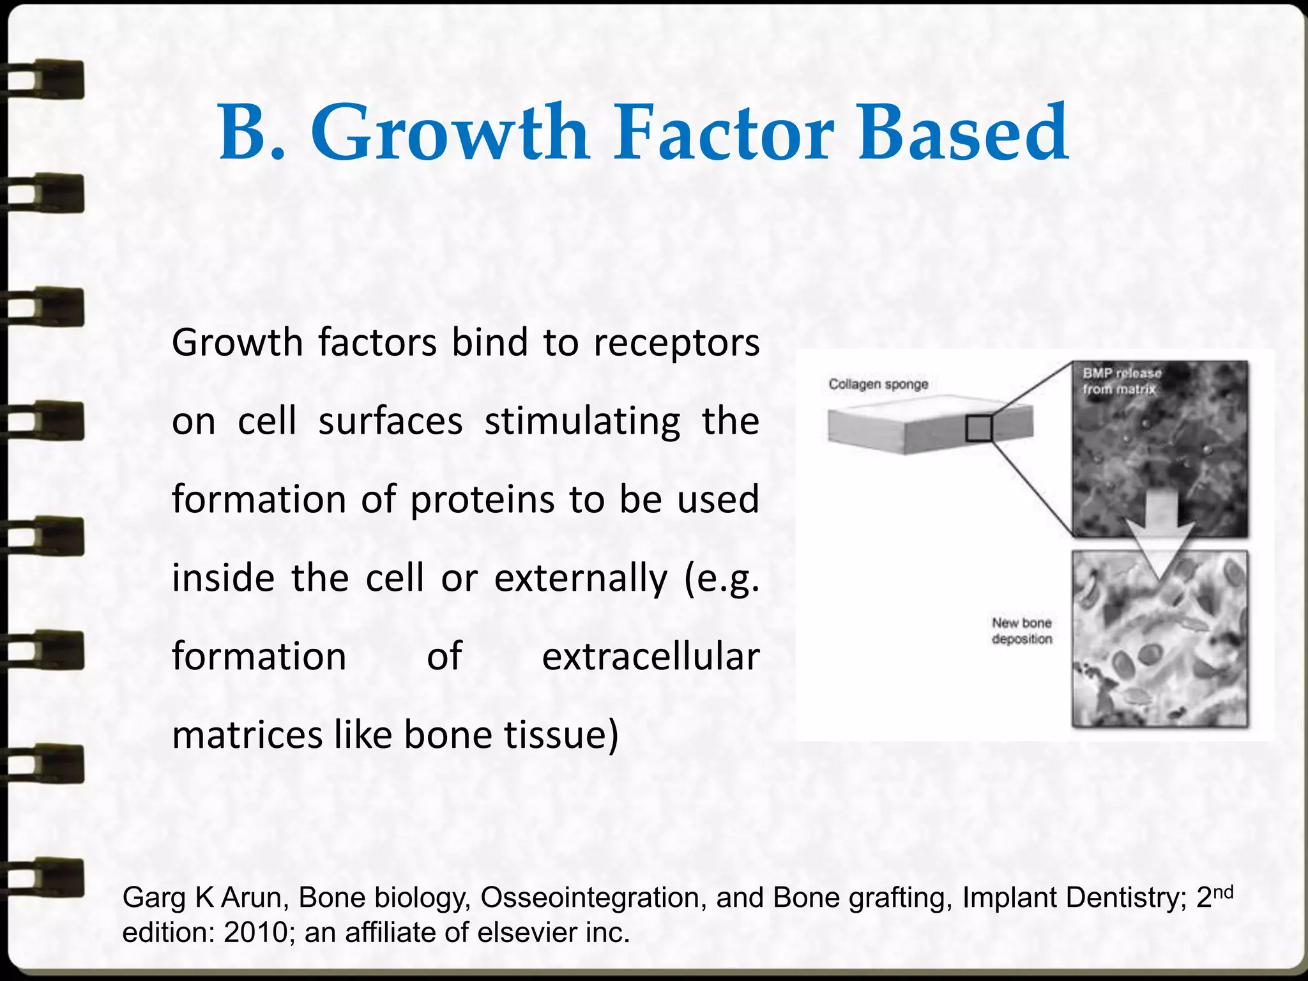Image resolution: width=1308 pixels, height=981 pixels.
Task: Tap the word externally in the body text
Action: (x=581, y=579)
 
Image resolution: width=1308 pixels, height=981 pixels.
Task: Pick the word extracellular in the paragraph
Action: (x=650, y=657)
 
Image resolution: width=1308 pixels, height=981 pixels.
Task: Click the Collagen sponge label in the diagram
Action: (x=878, y=384)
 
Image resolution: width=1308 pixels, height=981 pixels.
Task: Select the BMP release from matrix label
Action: (x=1121, y=381)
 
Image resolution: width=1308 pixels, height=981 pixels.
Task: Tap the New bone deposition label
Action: (x=1021, y=631)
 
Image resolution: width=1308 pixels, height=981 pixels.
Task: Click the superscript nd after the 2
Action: (x=1222, y=892)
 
